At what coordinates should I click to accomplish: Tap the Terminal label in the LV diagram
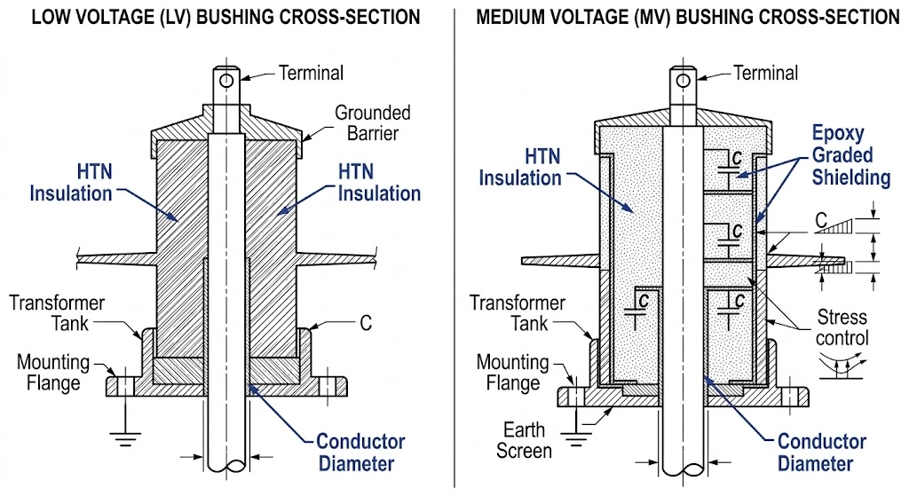tap(311, 73)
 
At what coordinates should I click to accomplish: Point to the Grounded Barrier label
tap(372, 123)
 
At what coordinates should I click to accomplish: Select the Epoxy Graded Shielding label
tap(850, 155)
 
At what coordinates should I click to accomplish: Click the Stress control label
tap(842, 327)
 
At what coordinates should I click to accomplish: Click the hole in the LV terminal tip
tap(228, 81)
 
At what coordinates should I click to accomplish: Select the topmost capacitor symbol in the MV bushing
tap(732, 163)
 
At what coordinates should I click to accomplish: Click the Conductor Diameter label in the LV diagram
tap(360, 452)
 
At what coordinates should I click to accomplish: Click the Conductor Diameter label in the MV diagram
tap(822, 453)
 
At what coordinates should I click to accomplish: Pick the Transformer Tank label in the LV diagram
tap(57, 312)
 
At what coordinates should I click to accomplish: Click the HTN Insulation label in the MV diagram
tap(520, 167)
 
